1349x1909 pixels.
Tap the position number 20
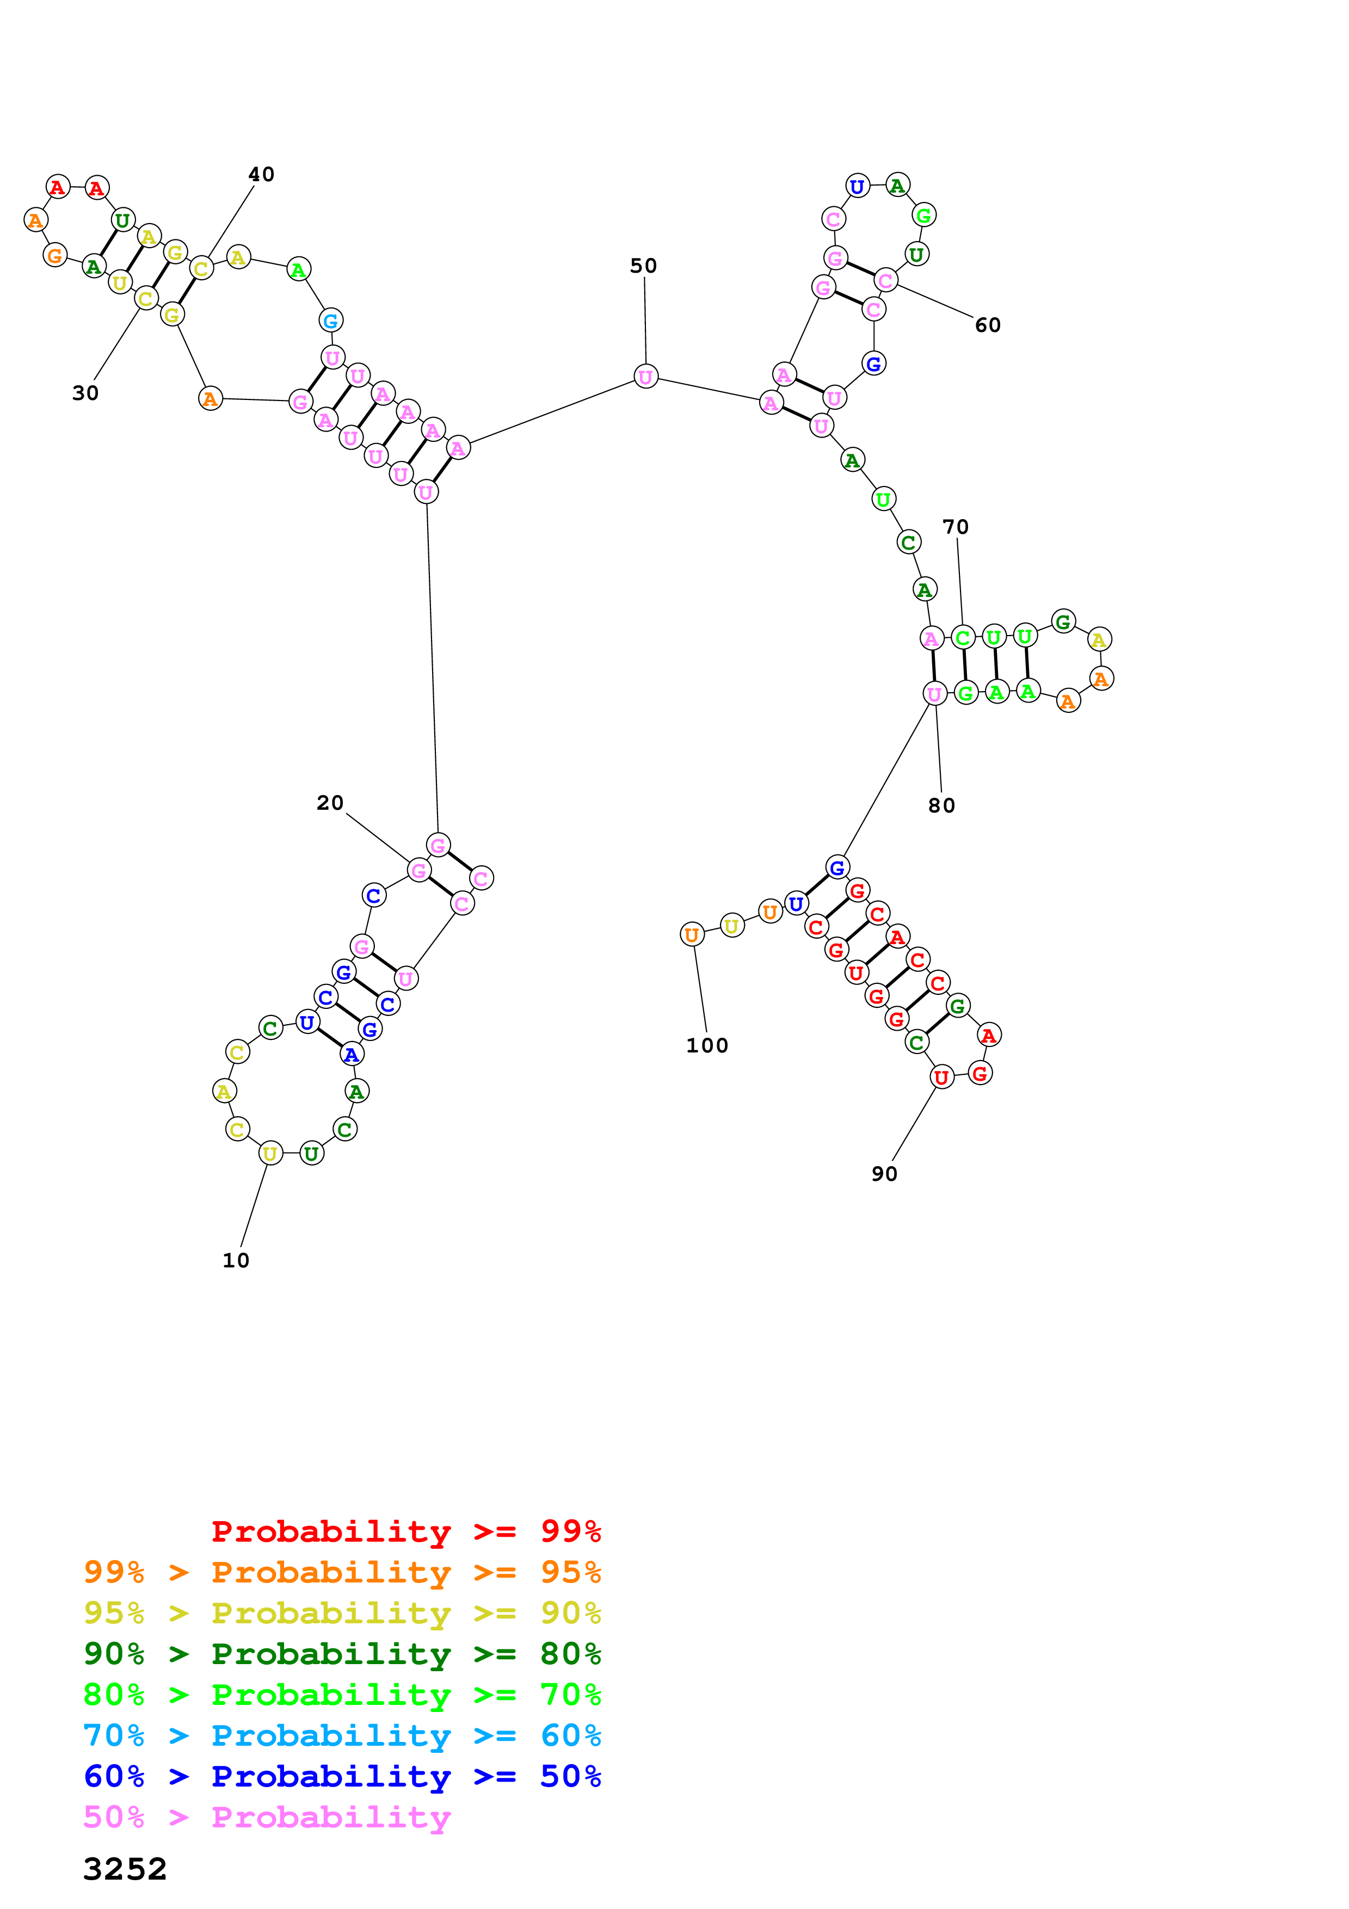pos(329,803)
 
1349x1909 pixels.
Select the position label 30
pos(85,393)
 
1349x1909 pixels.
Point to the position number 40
pos(261,175)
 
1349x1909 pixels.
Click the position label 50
pos(643,266)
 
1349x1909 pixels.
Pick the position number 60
pos(988,325)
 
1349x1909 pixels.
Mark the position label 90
pos(884,1174)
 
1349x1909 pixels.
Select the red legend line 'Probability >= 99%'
pos(405,1531)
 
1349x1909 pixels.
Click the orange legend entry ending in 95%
pos(342,1572)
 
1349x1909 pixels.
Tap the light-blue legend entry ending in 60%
pos(342,1735)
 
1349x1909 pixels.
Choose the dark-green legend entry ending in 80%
pos(342,1654)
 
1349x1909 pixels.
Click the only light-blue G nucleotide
pos(331,320)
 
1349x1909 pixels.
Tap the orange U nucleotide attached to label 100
pos(692,934)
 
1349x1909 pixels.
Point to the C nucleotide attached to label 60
pos(885,281)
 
